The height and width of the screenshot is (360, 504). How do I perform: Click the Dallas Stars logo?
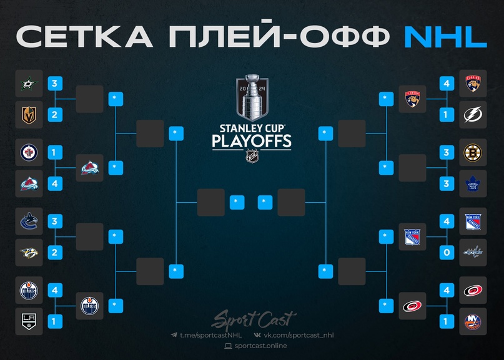coord(29,84)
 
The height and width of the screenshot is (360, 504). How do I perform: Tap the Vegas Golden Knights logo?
coord(29,115)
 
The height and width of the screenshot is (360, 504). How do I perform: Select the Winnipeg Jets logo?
coord(29,152)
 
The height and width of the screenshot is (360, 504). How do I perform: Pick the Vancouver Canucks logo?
coord(29,221)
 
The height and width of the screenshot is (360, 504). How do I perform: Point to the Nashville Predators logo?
coord(29,253)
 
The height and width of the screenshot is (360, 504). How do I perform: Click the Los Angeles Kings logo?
coord(29,321)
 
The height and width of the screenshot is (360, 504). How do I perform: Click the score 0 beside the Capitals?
coord(445,253)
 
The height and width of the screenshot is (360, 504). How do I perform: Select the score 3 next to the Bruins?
coord(445,152)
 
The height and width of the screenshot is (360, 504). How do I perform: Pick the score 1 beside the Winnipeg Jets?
coord(54,152)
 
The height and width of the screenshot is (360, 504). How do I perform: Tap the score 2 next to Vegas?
coord(54,115)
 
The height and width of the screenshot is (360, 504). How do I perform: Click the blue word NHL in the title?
coord(445,37)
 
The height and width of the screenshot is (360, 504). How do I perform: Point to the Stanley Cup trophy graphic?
coord(251,99)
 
